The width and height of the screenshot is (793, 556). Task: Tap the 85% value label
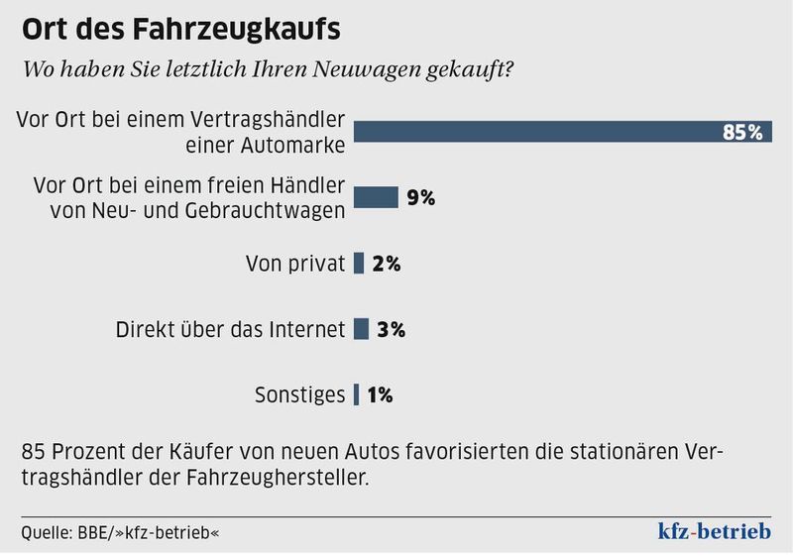[x=742, y=132]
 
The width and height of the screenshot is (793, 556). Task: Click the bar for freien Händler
[x=376, y=196]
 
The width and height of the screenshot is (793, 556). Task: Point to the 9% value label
[x=420, y=196]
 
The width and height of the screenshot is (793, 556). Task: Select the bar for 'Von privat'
[x=359, y=264]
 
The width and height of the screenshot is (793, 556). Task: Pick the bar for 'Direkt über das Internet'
[x=361, y=329]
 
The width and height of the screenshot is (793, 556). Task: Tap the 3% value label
[x=392, y=329]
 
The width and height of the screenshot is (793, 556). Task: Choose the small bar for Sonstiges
[x=357, y=394]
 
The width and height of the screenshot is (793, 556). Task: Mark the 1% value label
[x=380, y=394]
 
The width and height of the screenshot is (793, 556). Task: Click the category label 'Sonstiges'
[x=297, y=394]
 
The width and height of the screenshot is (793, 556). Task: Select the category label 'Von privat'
[x=294, y=264]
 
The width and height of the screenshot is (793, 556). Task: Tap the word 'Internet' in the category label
[x=305, y=329]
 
